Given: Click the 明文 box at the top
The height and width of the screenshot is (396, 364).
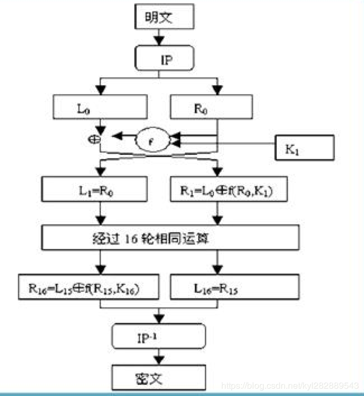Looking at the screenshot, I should (x=164, y=18).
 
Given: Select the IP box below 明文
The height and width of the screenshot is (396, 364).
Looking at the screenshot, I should (x=164, y=58).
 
